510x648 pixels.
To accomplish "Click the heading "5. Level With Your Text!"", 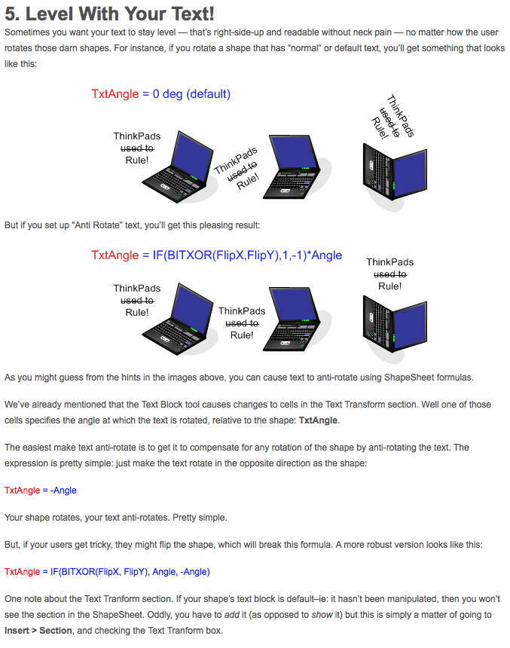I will pos(109,14).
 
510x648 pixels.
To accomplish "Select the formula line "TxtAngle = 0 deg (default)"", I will pos(160,94).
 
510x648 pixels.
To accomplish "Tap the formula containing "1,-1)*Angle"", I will pos(216,255).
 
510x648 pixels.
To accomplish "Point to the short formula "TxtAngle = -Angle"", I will pos(41,491).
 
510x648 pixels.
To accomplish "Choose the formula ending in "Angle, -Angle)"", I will pos(107,572).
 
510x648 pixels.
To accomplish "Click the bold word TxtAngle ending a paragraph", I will pos(317,420).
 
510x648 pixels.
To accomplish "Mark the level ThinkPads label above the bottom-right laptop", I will pos(389,261).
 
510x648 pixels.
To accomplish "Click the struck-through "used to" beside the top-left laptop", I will pos(137,148).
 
